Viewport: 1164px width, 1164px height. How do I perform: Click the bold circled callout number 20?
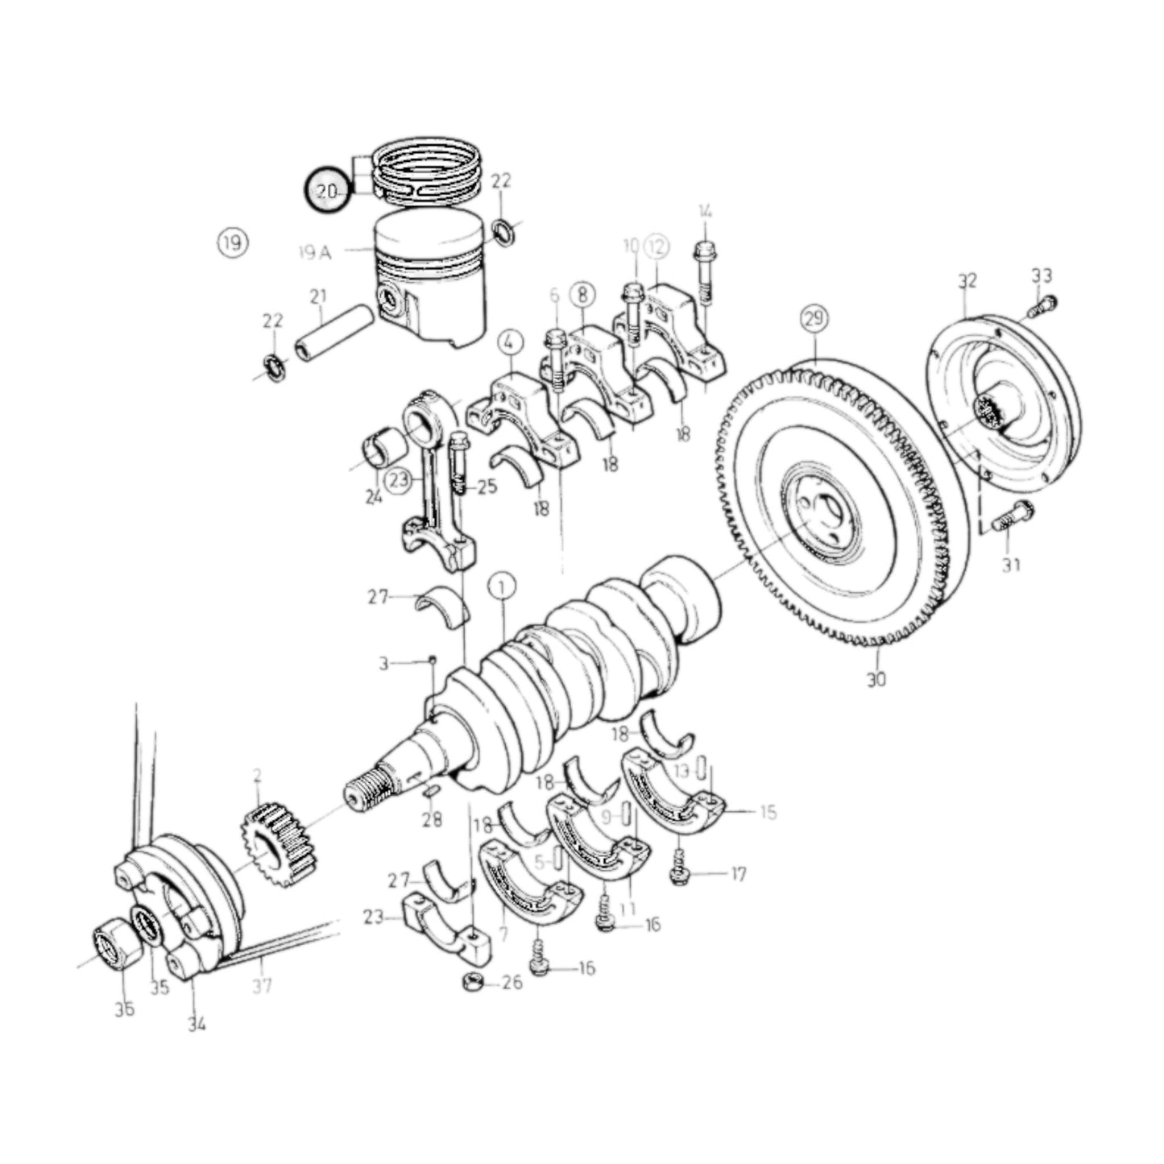tap(326, 191)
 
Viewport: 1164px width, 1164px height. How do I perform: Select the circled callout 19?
tap(232, 242)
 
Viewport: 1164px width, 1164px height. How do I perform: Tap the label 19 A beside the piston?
tap(314, 253)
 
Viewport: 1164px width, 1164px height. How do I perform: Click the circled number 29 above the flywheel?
tap(814, 318)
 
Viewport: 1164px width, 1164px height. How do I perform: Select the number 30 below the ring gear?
tap(876, 679)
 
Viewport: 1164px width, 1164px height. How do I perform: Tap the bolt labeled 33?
tap(1046, 305)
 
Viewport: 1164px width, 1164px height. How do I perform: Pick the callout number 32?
tap(967, 280)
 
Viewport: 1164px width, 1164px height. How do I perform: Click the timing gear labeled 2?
tap(275, 846)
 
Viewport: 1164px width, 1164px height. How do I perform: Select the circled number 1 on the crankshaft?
tap(502, 588)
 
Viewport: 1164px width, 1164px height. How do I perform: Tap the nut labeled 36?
tap(107, 943)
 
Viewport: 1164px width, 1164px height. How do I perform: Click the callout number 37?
tap(261, 985)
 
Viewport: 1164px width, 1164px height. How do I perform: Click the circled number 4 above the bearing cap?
tap(508, 342)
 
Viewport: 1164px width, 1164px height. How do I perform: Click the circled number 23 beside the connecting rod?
tap(398, 481)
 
